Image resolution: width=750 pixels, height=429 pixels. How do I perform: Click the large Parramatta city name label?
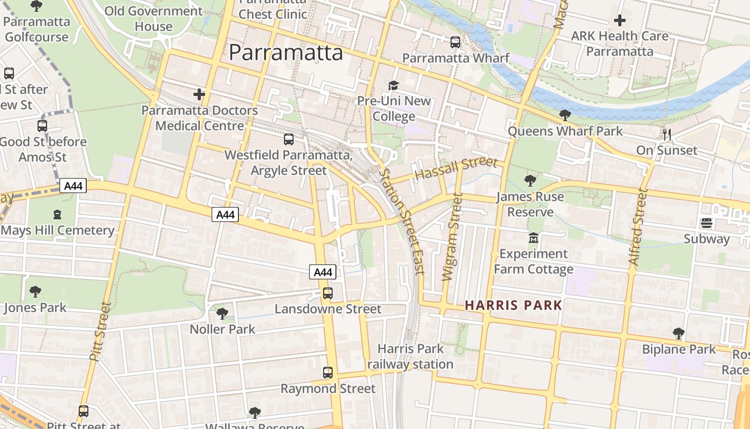286,53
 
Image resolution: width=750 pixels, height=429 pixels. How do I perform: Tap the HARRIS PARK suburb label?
513,305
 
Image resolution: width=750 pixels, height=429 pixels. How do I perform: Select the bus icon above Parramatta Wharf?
455,42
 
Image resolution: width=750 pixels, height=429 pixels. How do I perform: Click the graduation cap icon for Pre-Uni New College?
394,86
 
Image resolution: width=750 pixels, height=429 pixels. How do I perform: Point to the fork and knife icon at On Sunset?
666,134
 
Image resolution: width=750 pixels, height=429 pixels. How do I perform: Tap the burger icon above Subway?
706,223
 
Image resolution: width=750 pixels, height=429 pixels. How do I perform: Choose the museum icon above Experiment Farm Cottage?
533,237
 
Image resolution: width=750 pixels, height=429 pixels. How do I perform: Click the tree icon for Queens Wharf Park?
565,115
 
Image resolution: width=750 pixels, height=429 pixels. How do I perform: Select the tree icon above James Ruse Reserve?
530,180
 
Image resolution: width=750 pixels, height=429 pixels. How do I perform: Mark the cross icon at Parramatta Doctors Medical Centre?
199,94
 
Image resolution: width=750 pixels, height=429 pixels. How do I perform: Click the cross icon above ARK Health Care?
620,20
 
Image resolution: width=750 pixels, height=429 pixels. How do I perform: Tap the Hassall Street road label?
456,169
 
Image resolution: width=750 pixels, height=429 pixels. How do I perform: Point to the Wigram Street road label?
451,237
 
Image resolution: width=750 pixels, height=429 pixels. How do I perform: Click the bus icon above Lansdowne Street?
327,293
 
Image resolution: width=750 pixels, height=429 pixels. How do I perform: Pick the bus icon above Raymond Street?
327,372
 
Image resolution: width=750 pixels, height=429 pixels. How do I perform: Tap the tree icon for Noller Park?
222,313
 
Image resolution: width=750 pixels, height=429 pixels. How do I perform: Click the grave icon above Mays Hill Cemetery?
57,214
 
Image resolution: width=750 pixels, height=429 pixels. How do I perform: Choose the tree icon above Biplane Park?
679,333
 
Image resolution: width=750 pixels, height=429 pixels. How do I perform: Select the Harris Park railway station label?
410,356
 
